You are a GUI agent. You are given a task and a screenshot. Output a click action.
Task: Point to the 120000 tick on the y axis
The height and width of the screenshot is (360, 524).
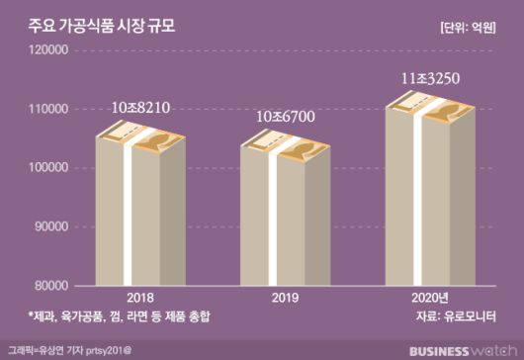point(45,50)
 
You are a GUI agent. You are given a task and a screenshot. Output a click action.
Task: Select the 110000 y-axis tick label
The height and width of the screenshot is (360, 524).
point(45,109)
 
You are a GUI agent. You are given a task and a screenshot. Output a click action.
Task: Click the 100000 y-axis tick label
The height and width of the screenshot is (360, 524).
point(45,168)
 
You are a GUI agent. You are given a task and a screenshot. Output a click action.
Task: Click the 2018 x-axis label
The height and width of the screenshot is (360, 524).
point(139,297)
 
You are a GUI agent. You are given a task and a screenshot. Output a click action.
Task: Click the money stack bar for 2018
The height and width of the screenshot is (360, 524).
point(139,208)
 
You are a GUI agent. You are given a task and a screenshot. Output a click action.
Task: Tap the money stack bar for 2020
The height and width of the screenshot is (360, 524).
point(428,193)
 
